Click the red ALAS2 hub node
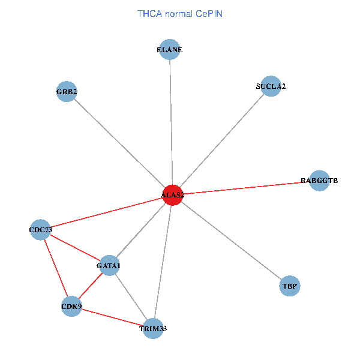tap(172, 195)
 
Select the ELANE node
tap(170, 50)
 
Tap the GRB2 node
tap(66, 92)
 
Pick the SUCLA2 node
tap(271, 86)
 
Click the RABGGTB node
tap(319, 181)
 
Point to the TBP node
tap(290, 286)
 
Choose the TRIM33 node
tap(153, 328)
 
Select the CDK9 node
tap(71, 307)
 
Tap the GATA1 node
tap(109, 265)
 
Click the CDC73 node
tap(40, 230)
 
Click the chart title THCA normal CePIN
tap(180, 13)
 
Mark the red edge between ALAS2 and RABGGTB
tap(246, 188)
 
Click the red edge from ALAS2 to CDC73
tap(106, 212)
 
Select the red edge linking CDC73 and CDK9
tap(56, 268)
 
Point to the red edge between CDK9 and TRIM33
tap(112, 317)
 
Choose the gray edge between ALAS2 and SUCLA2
tap(221, 140)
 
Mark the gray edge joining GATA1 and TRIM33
tap(131, 296)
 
